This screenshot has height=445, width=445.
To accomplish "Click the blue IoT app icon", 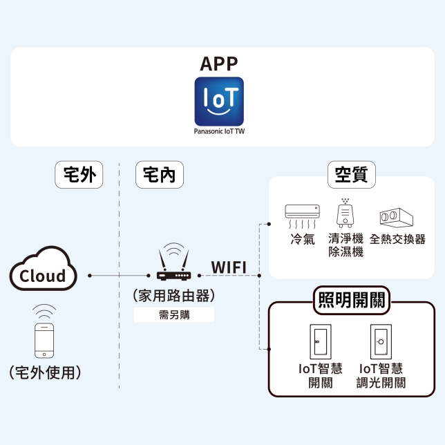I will click(219, 101).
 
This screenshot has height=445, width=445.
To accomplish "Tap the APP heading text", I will click(219, 64).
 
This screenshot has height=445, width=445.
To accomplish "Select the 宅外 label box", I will click(79, 176).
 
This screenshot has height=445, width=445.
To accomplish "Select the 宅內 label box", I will click(159, 176).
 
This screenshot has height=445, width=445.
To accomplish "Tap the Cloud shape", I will click(43, 275).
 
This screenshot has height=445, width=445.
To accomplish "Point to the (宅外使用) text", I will click(46, 373).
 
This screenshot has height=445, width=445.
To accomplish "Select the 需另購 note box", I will click(173, 315).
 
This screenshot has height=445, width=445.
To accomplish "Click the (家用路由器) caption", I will click(173, 296).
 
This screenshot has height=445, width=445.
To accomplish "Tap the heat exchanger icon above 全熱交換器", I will click(396, 217).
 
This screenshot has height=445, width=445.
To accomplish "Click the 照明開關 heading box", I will click(351, 300).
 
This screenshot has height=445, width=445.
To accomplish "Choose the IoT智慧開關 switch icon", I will click(320, 341).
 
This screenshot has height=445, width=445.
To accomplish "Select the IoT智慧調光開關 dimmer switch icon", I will click(381, 341).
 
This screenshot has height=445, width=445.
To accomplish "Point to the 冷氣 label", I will click(303, 240).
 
